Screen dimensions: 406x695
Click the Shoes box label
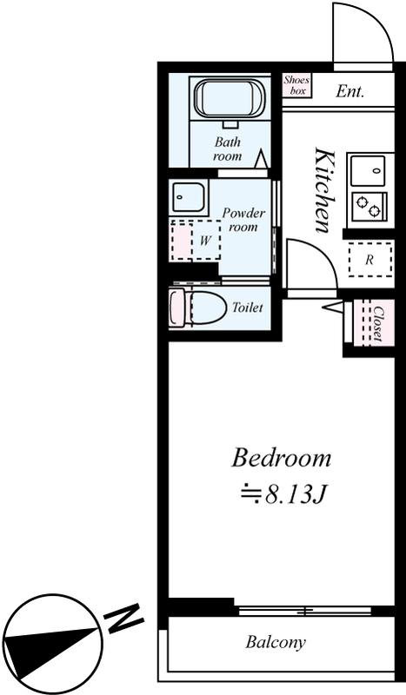(x=296, y=85)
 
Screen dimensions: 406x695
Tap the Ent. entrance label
(x=349, y=91)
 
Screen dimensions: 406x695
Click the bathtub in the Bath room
(x=229, y=100)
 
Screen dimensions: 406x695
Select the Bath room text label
(x=228, y=149)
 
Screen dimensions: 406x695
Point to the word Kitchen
(x=323, y=190)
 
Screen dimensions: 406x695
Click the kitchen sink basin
(x=368, y=170)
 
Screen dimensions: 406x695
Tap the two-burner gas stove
(x=369, y=206)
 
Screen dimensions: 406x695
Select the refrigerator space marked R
(x=370, y=260)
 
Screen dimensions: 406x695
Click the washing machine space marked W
(x=205, y=241)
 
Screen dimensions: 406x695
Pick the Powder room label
(x=243, y=220)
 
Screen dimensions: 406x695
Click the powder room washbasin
(x=189, y=197)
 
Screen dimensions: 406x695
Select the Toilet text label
(x=248, y=308)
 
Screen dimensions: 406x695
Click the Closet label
(x=378, y=323)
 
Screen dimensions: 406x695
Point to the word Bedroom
(x=282, y=459)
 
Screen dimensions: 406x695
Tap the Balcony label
(x=276, y=642)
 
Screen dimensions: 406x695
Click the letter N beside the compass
(x=123, y=618)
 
